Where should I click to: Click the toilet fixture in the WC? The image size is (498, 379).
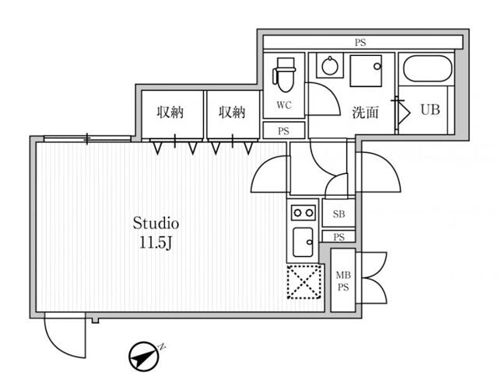284,75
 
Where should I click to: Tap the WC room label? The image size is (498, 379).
283,105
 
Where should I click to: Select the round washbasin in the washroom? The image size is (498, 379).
329,66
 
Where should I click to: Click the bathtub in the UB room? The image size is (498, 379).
427,69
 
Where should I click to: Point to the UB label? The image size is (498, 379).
430,110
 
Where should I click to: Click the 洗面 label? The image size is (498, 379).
365,112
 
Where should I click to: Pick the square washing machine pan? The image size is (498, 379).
366,71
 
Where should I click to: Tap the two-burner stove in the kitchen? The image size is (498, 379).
303,213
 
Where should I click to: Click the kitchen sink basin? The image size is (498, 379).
303,242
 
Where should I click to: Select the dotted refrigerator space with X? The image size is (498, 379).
304,282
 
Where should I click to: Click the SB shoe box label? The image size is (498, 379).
339,214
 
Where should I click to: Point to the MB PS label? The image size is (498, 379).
343,281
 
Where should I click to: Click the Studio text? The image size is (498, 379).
156,223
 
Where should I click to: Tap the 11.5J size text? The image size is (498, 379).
156,243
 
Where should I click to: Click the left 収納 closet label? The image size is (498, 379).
170,112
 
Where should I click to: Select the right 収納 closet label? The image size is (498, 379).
232,112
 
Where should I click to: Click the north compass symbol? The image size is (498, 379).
143,356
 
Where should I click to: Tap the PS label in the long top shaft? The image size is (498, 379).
360,43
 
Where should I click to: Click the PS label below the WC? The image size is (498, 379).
283,131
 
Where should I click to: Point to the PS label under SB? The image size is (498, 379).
339,237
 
